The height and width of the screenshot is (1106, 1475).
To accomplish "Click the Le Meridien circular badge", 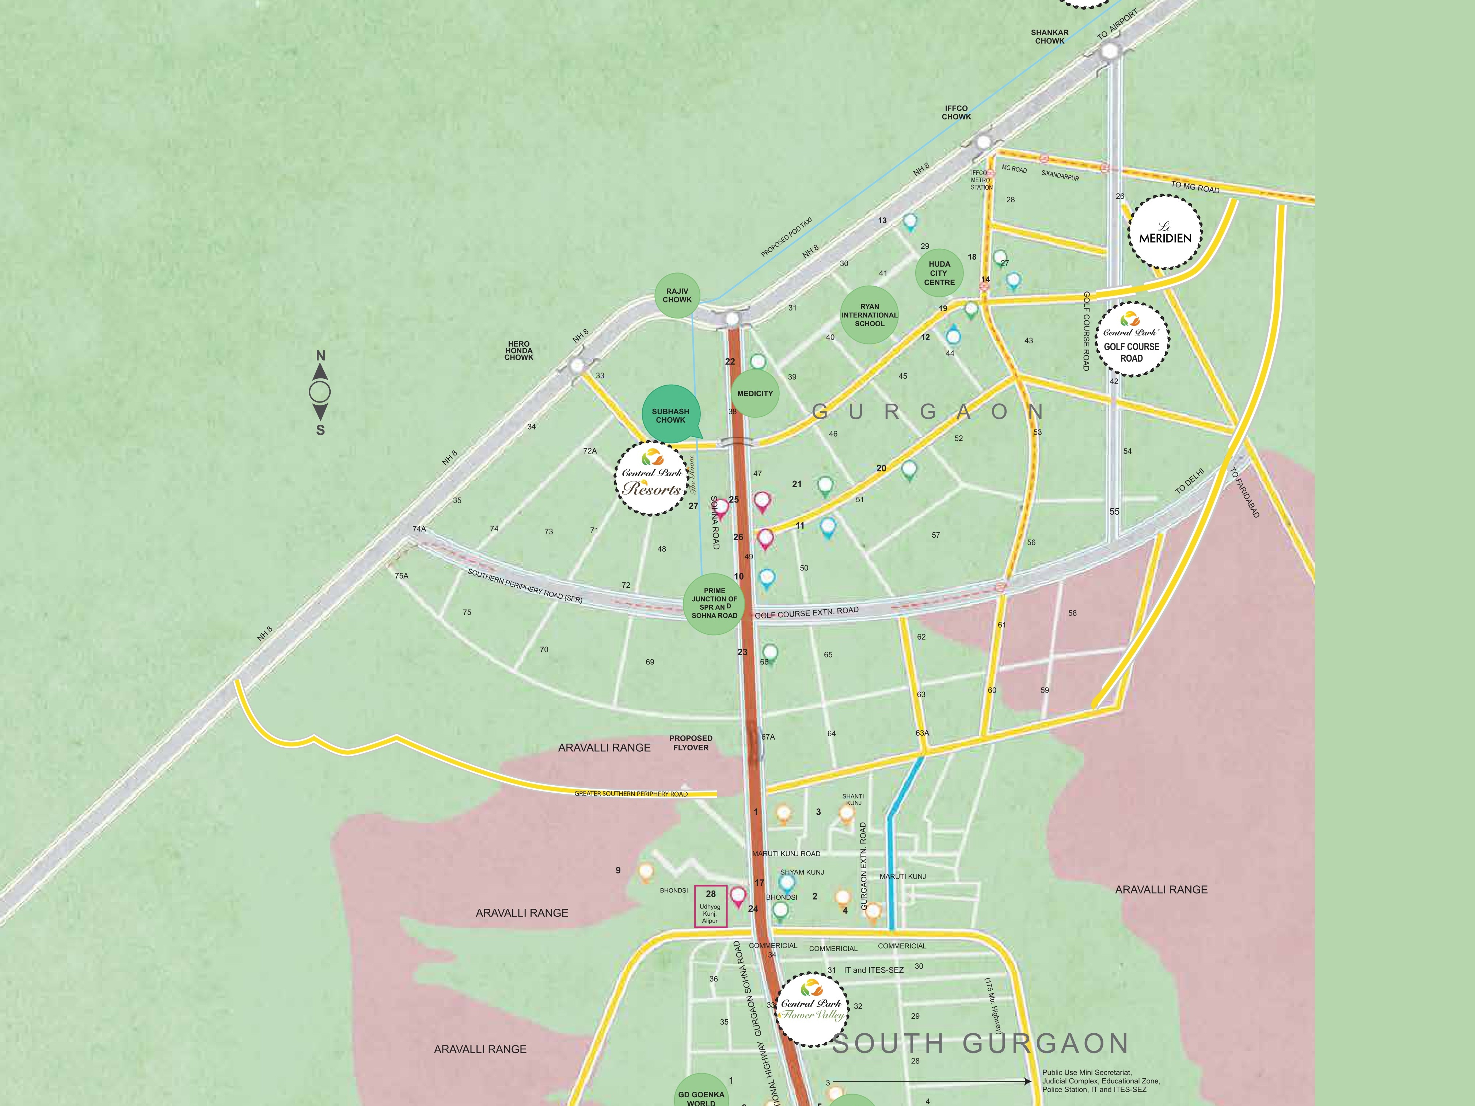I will [1164, 232].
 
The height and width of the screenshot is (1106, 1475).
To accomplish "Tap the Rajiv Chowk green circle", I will [677, 295].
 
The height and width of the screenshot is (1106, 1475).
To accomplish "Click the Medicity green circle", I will [755, 393].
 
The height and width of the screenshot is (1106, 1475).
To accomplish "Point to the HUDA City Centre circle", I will [939, 273].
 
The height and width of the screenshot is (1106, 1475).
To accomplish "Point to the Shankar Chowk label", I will [1050, 37].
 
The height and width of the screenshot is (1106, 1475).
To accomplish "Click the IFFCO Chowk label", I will [956, 112].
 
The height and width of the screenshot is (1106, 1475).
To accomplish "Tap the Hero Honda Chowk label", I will [519, 351].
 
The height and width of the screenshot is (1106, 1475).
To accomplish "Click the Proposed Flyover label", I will [691, 743].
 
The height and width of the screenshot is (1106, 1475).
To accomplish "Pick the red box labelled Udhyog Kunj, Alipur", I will [711, 906].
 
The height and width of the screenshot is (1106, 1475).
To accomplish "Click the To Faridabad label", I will [1244, 492].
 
